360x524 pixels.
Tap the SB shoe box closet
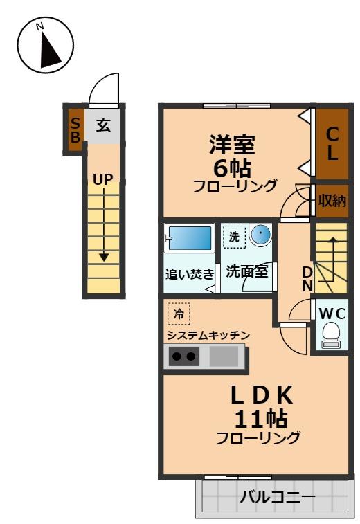74,129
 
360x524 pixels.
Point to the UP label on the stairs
102,179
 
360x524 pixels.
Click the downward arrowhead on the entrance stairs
103,256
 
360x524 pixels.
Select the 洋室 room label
233,145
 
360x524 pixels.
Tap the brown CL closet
332,143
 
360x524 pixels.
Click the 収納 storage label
332,201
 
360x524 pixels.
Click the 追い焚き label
189,273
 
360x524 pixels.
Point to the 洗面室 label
247,271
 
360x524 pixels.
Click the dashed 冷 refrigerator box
179,314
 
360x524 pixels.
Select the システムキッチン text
206,335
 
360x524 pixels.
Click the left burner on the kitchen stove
176,357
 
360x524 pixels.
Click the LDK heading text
262,395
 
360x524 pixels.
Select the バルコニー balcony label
277,497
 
